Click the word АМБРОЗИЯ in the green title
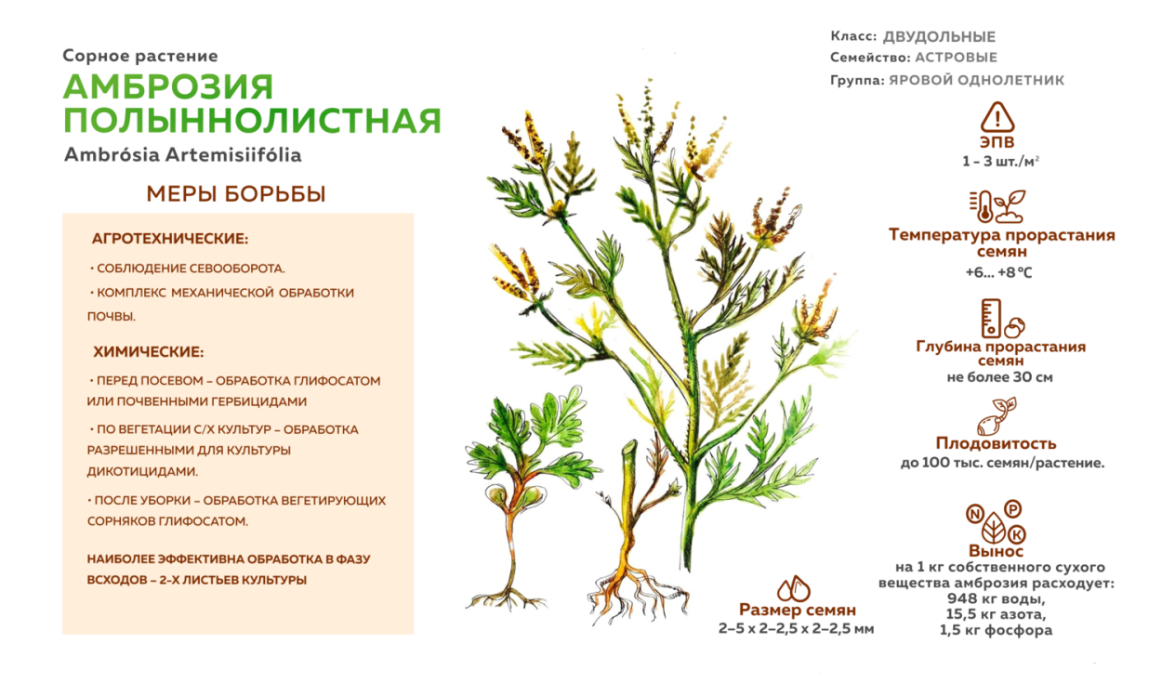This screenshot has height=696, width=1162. tap(168, 86)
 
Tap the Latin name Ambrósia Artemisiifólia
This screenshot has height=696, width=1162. tap(183, 154)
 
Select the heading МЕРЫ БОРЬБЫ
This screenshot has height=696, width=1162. tap(236, 194)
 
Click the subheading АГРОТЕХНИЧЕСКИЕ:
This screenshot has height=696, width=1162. tap(170, 239)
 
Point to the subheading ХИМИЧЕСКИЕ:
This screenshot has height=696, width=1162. tap(148, 352)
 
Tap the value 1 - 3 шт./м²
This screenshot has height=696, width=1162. tap(1000, 161)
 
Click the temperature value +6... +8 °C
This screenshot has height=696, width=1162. tap(999, 272)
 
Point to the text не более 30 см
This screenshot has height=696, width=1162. tap(999, 377)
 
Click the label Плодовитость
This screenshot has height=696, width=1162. tap(996, 443)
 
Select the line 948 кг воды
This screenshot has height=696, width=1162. tap(996, 598)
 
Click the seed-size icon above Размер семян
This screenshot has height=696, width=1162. tap(794, 588)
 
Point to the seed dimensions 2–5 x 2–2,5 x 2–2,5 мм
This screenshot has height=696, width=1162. tap(796, 628)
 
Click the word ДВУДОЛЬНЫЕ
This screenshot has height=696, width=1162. tap(939, 36)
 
